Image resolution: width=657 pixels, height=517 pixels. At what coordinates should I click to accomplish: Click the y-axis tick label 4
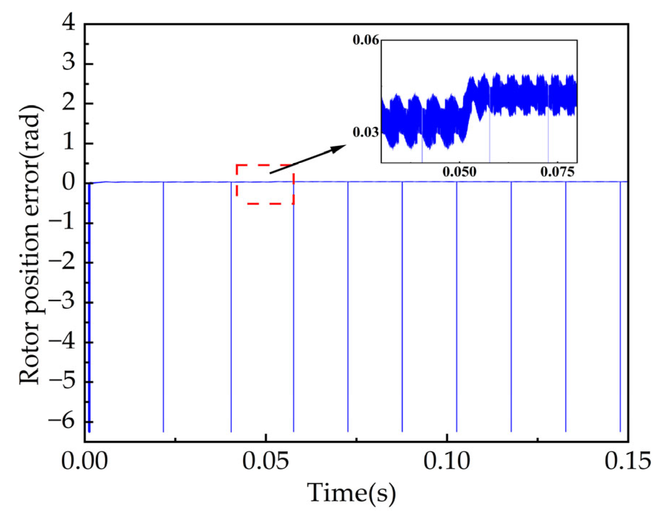[x=69, y=24]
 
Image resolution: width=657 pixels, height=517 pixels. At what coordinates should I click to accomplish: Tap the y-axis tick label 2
[x=69, y=103]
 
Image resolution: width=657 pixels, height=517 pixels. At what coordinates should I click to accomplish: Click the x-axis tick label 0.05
[x=265, y=461]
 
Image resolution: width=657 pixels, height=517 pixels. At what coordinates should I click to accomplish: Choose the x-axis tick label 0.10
[x=446, y=461]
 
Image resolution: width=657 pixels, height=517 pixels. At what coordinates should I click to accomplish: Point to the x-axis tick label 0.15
[x=628, y=461]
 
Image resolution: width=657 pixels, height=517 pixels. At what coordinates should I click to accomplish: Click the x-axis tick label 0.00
[x=84, y=461]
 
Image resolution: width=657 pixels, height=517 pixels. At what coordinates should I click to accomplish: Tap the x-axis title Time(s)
[x=351, y=493]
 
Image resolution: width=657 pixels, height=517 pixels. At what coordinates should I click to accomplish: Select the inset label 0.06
[x=366, y=40]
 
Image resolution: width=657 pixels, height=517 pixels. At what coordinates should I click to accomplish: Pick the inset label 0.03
[x=366, y=133]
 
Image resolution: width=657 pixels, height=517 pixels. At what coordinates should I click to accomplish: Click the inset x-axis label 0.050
[x=459, y=172]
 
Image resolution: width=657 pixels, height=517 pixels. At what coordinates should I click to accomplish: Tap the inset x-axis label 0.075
[x=557, y=172]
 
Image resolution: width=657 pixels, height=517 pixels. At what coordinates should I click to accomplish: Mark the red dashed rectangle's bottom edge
[x=265, y=204]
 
